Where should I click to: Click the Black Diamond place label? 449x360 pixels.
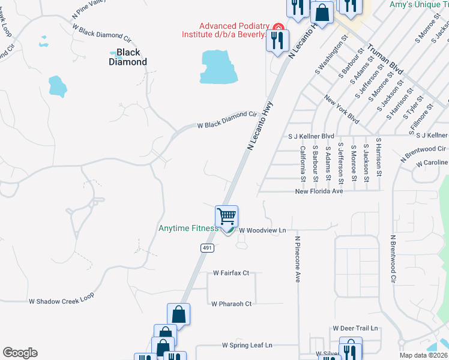tap(128, 57)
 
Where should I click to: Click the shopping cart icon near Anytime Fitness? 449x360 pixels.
tap(227, 216)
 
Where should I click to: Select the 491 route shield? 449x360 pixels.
tap(207, 248)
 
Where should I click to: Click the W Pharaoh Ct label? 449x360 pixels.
tap(231, 304)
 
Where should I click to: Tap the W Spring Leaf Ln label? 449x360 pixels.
tap(247, 345)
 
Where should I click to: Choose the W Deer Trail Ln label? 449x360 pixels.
tap(356, 328)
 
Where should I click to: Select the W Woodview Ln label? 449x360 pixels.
tap(262, 230)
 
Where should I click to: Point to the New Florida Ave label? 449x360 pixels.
tap(319, 191)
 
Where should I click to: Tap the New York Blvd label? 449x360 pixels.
tap(342, 109)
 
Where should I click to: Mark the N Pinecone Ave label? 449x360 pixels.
tap(297, 258)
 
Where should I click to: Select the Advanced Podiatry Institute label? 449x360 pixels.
tap(224, 30)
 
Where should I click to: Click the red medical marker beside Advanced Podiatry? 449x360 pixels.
tap(278, 28)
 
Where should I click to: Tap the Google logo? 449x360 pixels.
tap(20, 353)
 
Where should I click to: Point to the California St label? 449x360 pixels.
tap(303, 163)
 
